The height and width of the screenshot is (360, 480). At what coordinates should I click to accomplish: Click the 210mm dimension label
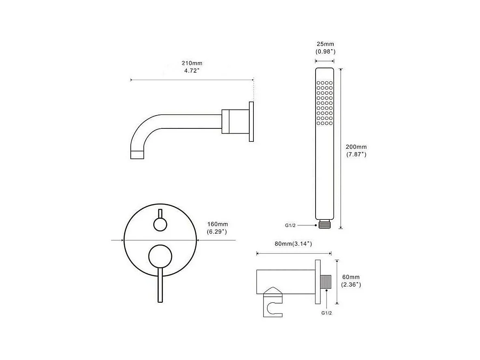192,63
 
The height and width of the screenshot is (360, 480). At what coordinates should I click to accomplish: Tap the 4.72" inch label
192,71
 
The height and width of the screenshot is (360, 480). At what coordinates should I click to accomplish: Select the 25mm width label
325,44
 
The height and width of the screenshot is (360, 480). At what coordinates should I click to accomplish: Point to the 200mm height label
356,147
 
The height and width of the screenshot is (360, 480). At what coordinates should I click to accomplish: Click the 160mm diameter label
218,224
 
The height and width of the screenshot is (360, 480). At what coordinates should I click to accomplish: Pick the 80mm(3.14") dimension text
293,244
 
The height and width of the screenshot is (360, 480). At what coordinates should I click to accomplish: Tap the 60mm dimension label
351,277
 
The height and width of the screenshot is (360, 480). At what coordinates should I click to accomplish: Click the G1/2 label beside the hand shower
290,226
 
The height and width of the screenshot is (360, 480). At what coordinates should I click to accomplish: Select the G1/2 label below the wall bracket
326,313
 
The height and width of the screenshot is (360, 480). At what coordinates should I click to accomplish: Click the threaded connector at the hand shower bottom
324,224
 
